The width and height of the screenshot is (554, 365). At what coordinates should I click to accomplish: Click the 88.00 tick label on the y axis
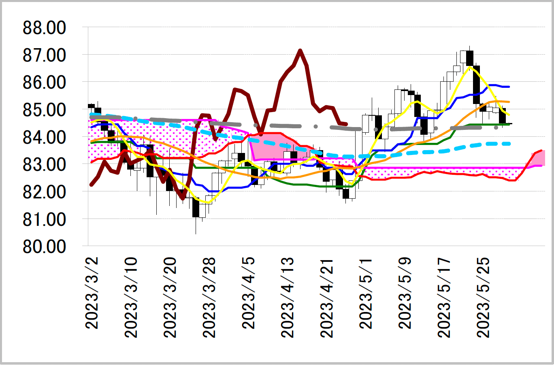pyautogui.click(x=44, y=28)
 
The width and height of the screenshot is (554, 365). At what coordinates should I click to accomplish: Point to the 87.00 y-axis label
pyautogui.click(x=44, y=55)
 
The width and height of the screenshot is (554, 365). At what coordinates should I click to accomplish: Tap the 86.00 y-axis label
pyautogui.click(x=44, y=82)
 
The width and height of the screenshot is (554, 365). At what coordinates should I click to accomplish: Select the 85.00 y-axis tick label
pyautogui.click(x=44, y=110)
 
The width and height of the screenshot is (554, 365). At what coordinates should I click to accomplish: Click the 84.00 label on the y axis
pyautogui.click(x=44, y=137)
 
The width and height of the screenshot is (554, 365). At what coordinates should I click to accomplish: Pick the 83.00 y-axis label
pyautogui.click(x=44, y=164)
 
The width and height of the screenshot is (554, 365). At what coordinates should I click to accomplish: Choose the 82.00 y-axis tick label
pyautogui.click(x=44, y=191)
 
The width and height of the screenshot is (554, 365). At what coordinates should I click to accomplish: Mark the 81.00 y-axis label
pyautogui.click(x=44, y=219)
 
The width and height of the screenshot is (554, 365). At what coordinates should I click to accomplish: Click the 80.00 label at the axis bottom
pyautogui.click(x=44, y=246)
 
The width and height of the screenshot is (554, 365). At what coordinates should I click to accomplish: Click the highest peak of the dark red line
pyautogui.click(x=300, y=51)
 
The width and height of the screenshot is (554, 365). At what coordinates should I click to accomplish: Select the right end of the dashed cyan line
pyautogui.click(x=509, y=144)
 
